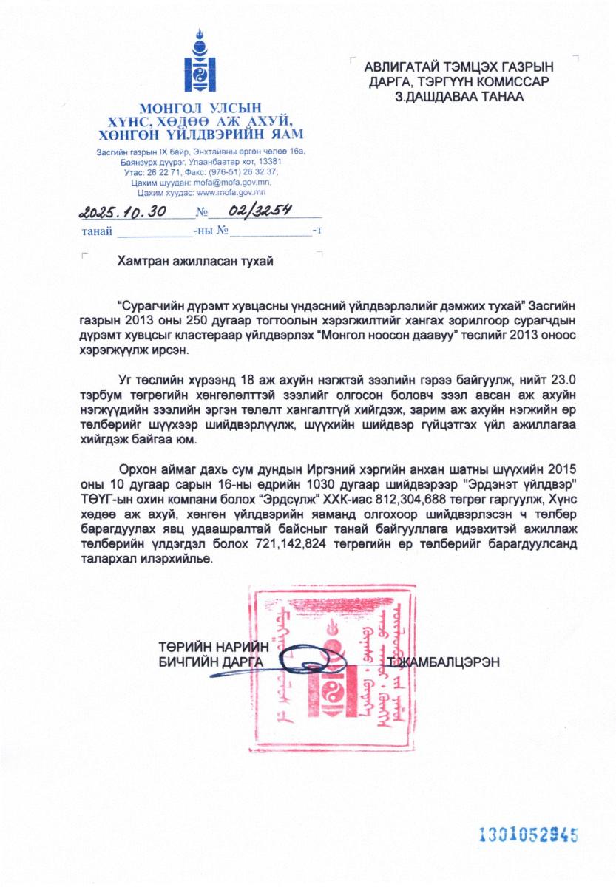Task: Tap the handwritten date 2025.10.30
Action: (122, 212)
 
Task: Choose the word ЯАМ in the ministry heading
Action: (285, 134)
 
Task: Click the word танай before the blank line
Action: (97, 231)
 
